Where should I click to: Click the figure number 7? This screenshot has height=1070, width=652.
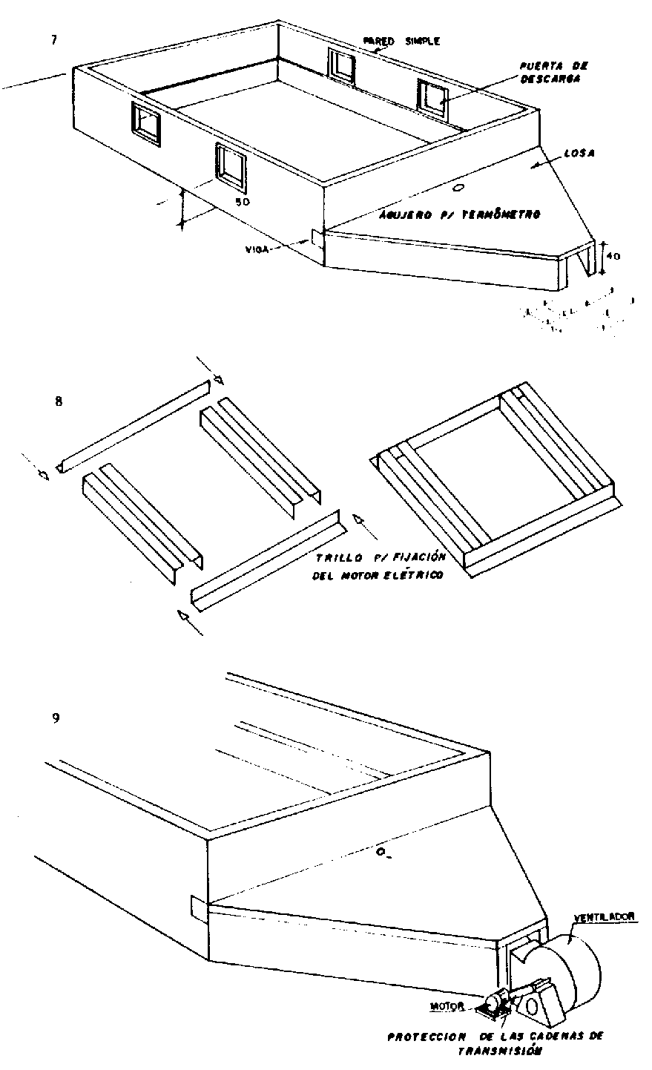(53, 40)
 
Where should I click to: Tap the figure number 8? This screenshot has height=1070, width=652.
(59, 401)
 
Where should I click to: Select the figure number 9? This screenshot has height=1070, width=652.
(56, 718)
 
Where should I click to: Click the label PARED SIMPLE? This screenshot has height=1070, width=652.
(401, 42)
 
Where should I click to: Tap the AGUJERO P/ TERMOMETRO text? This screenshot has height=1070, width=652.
(458, 214)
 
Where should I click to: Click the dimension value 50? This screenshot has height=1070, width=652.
(242, 202)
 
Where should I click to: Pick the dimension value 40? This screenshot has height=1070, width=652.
(613, 257)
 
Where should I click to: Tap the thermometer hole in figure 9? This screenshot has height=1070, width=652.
(381, 854)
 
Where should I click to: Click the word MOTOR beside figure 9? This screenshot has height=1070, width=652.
(448, 1007)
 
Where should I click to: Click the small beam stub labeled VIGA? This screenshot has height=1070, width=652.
(317, 238)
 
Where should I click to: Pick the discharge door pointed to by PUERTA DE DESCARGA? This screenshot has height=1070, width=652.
(432, 99)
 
